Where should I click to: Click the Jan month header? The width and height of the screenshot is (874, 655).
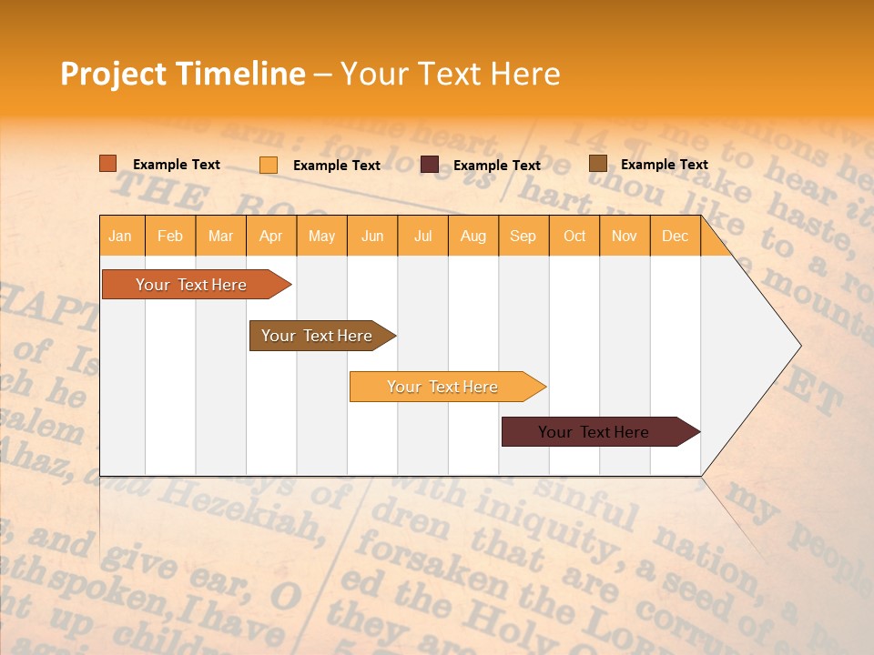pyautogui.click(x=121, y=236)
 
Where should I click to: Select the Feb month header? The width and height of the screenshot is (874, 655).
pyautogui.click(x=170, y=236)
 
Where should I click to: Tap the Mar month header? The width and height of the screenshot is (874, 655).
pyautogui.click(x=220, y=236)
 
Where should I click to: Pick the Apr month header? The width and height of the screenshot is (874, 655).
pyautogui.click(x=271, y=236)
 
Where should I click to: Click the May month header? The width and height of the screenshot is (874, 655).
pyautogui.click(x=321, y=236)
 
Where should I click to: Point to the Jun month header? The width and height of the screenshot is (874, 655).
pyautogui.click(x=372, y=236)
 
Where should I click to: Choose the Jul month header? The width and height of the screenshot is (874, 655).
pyautogui.click(x=422, y=236)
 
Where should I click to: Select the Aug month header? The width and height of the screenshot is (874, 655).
pyautogui.click(x=473, y=236)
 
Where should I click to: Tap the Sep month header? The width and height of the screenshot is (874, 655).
pyautogui.click(x=523, y=236)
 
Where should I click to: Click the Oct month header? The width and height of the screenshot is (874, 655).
pyautogui.click(x=574, y=236)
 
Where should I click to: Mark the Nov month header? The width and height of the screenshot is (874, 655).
pyautogui.click(x=625, y=236)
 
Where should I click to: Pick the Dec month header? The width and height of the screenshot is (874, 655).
pyautogui.click(x=676, y=236)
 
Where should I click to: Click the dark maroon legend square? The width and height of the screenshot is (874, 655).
pyautogui.click(x=430, y=165)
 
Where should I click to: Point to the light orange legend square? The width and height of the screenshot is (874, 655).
pyautogui.click(x=269, y=165)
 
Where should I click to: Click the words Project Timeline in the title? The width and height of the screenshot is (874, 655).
pyautogui.click(x=183, y=74)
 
